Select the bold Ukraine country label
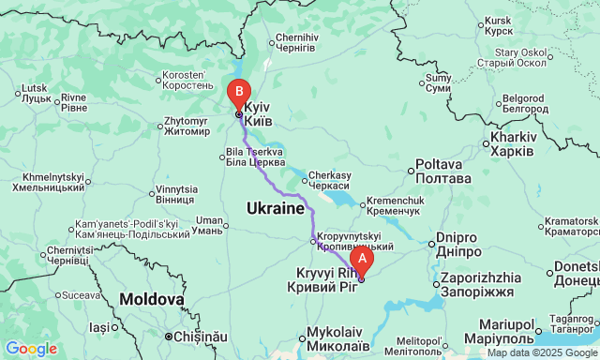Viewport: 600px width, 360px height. point(275,207)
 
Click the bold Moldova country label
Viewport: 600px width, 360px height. point(152,299)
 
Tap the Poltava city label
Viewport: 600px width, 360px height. point(442,172)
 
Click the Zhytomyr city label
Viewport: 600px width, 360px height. point(187,126)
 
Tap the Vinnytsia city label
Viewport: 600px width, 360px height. point(175,194)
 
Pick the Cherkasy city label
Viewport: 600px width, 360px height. point(329,180)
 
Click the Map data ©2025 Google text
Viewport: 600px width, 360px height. point(541,352)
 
